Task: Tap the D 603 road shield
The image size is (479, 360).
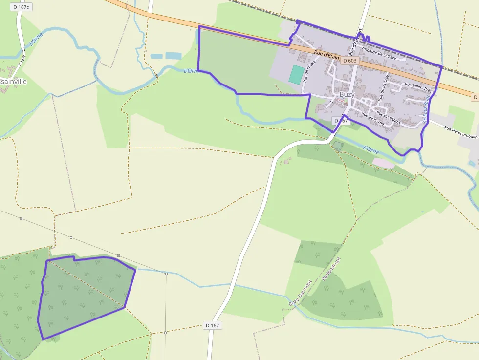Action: coord(350,61)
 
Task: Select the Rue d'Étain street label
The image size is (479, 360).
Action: coord(327,56)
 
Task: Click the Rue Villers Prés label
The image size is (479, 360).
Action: coord(418,87)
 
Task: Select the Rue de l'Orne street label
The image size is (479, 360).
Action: coord(372,119)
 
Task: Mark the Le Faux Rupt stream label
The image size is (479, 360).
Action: coord(427,108)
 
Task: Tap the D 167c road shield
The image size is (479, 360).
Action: coord(21,7)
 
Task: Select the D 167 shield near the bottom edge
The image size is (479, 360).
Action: coord(212,325)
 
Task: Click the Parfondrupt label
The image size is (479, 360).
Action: coord(330,269)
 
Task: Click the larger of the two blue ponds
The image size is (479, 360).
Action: coord(173,56)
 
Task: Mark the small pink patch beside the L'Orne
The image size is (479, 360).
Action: coord(384,163)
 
